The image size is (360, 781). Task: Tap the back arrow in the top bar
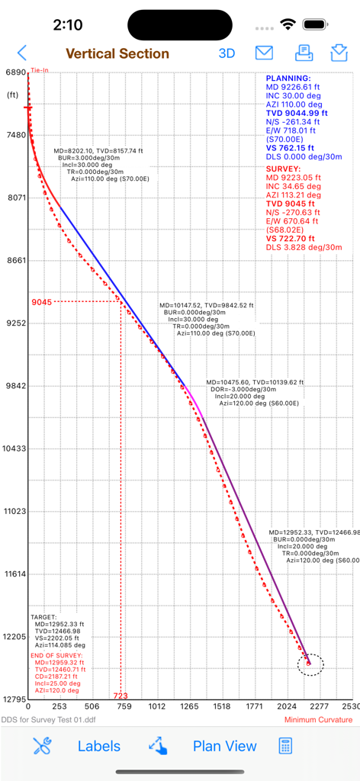21,53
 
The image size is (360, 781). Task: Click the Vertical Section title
117,53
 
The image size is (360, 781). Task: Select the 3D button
227,53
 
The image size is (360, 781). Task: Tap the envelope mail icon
264,53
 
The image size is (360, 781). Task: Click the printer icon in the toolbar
304,53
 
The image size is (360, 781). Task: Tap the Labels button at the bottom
99,746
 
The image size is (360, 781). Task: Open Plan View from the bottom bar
224,746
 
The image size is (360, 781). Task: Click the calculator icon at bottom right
286,746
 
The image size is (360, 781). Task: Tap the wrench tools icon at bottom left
42,746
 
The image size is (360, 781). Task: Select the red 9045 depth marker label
42,302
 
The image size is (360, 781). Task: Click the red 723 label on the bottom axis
121,696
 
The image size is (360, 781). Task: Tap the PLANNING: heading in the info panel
288,79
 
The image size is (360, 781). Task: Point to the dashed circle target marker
309,664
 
